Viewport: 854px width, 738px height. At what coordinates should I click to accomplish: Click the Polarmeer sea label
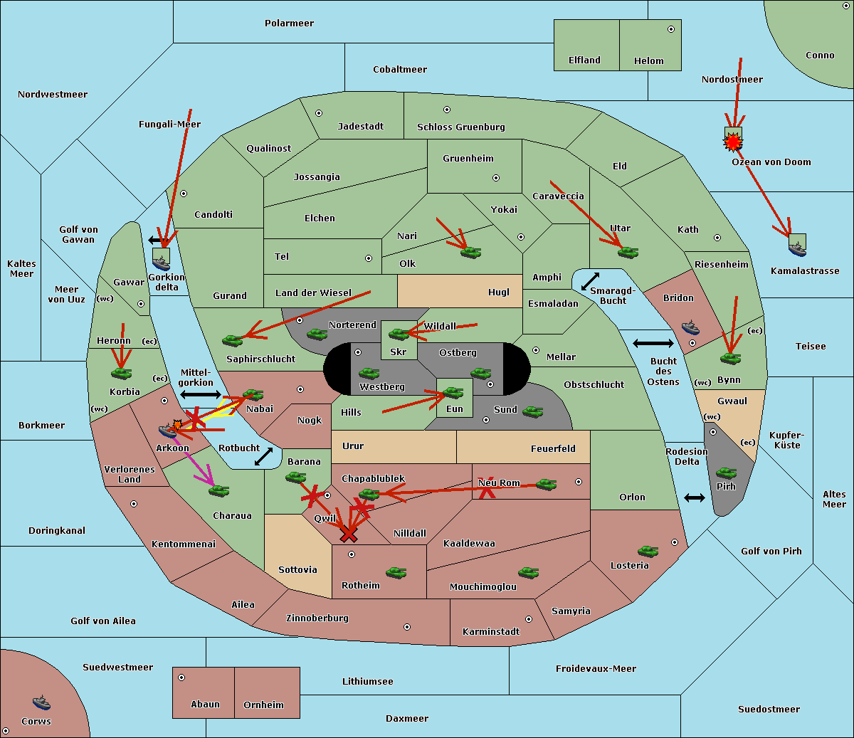[x=289, y=23]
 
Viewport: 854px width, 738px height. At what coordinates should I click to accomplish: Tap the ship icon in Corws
[x=41, y=703]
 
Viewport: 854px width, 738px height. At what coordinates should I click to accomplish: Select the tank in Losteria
[x=648, y=551]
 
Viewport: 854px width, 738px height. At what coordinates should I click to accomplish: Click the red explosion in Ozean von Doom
[x=732, y=143]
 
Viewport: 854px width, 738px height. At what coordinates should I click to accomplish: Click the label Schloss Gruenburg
[x=460, y=127]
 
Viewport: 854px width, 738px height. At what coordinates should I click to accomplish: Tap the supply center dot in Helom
[x=670, y=29]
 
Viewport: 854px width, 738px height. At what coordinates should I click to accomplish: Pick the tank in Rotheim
[x=396, y=572]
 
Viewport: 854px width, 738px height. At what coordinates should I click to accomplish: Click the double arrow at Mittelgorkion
[x=201, y=394]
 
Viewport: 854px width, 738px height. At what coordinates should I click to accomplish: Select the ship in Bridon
[x=690, y=328]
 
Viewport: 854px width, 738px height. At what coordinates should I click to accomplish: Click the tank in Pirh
[x=726, y=473]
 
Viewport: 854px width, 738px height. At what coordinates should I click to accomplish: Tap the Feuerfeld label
[x=553, y=449]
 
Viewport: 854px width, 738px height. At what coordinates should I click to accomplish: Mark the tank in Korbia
[x=121, y=373]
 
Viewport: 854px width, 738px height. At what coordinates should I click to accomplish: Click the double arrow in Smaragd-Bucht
[x=591, y=281]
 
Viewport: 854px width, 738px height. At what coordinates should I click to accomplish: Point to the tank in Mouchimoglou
[x=528, y=572]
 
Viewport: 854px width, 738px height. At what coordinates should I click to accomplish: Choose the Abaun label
[x=205, y=705]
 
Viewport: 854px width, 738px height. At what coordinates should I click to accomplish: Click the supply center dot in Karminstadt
[x=528, y=619]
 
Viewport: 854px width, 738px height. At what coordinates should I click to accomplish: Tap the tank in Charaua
[x=218, y=490]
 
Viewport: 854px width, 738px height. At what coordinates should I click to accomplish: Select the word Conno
[x=820, y=56]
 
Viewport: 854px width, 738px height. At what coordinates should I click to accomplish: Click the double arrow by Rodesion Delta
[x=695, y=497]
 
